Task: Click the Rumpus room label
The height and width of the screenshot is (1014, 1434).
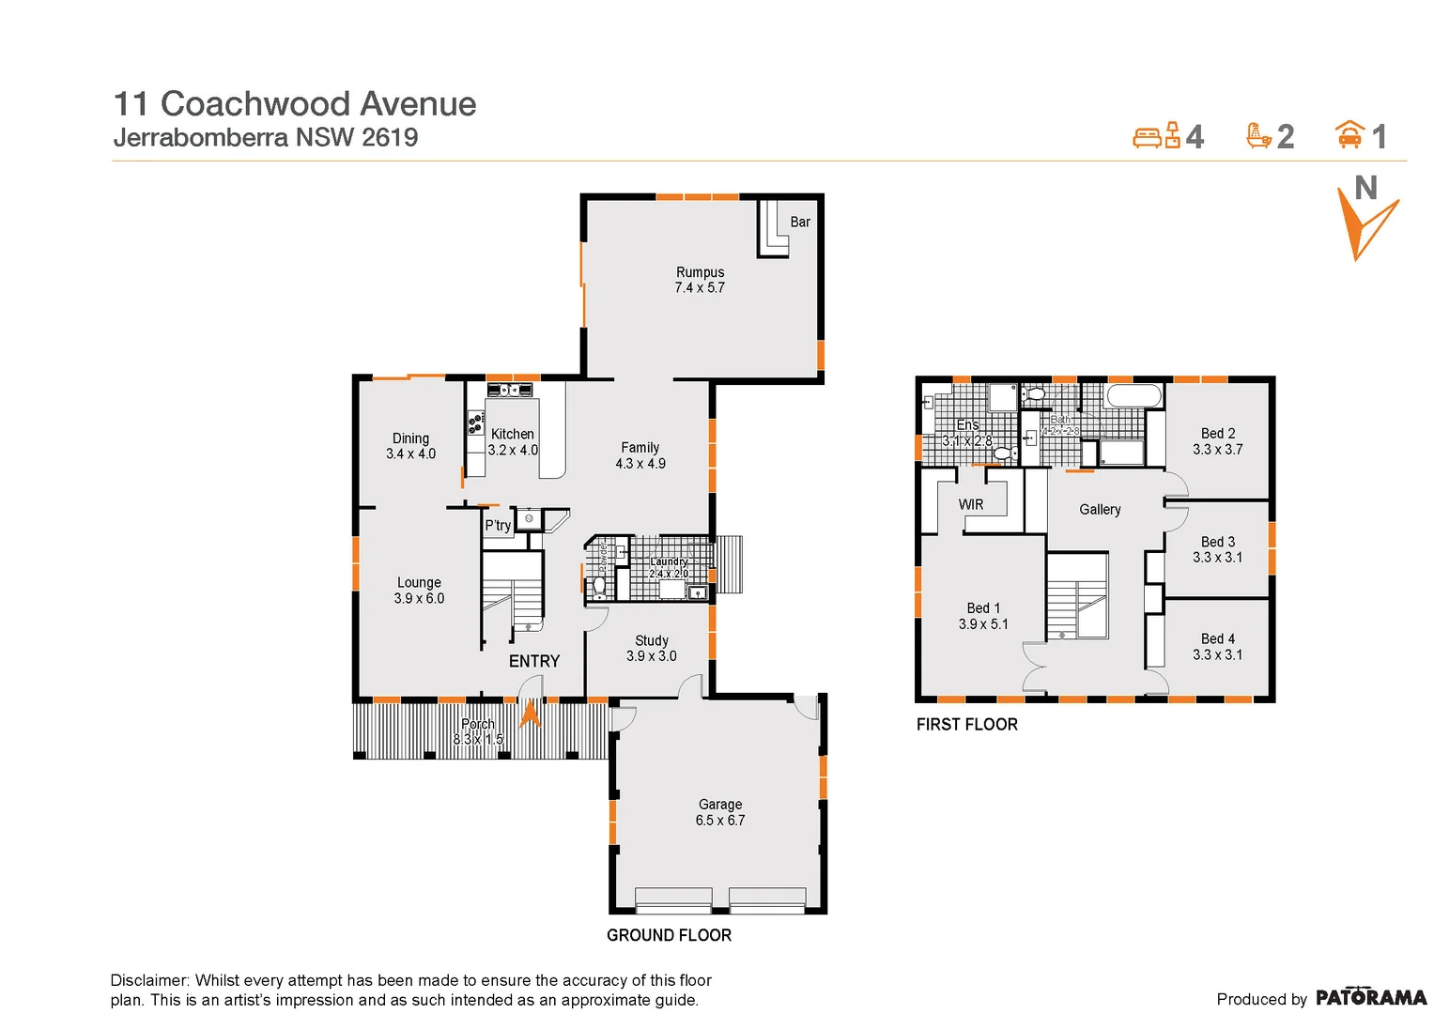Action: pos(700,272)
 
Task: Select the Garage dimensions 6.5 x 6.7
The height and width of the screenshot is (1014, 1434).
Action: pos(720,821)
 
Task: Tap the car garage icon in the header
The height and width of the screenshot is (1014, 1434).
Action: pos(1349,135)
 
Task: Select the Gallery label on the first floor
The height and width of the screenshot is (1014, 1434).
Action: pos(1100,510)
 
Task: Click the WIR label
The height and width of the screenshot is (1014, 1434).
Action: pos(971,505)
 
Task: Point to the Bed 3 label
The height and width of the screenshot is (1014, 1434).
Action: pos(1218,542)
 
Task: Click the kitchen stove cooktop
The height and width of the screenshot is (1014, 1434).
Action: pos(476,423)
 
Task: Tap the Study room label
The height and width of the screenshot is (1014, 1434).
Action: pos(652,640)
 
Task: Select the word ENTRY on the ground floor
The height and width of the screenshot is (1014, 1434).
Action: pos(534,661)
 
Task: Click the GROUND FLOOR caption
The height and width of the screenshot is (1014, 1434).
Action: pos(669,935)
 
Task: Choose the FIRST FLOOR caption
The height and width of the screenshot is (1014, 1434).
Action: pos(967,724)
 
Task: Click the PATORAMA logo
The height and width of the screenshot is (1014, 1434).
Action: pos(1370,997)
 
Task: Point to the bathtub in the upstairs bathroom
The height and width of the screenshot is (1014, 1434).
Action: pos(1134,395)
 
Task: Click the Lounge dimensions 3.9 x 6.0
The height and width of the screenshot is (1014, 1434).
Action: pos(419,598)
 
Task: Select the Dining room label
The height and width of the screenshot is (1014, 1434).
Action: pos(410,438)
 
